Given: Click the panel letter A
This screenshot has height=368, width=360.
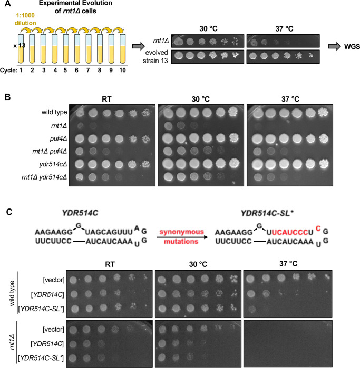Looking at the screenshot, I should tap(5, 5).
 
